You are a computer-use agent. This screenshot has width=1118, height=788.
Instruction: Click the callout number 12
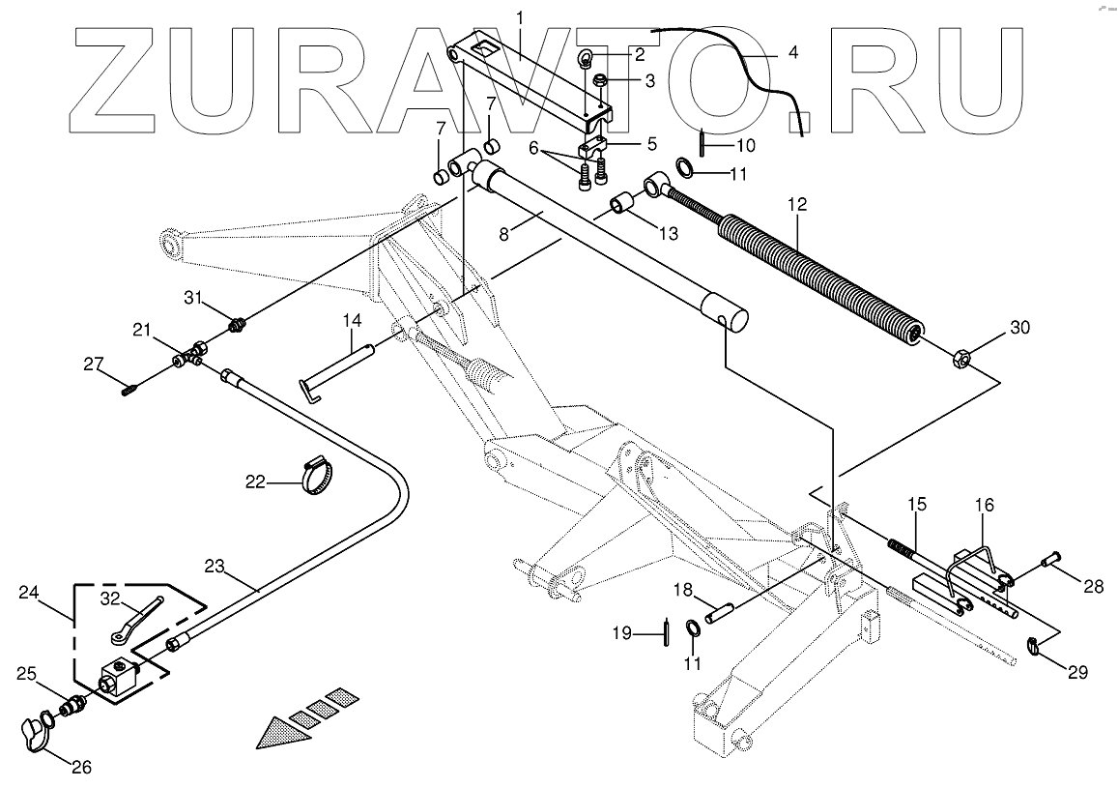pyautogui.click(x=797, y=205)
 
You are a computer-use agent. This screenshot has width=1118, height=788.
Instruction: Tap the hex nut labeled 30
pyautogui.click(x=959, y=360)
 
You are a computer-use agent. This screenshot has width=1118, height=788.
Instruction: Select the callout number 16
pyautogui.click(x=984, y=505)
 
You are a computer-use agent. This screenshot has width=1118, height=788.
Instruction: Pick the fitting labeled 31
pyautogui.click(x=236, y=322)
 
